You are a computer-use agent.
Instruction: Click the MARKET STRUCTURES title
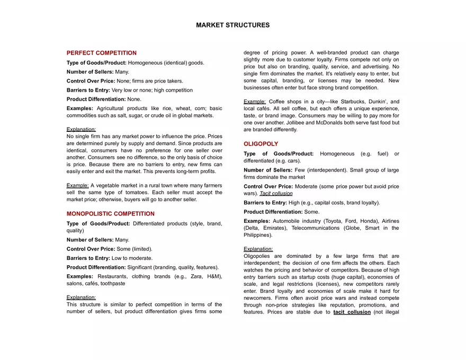click(232, 25)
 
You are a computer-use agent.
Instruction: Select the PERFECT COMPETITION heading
click(101, 53)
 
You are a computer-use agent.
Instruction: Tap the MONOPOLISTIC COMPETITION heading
click(110, 214)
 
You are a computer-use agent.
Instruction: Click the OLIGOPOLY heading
click(261, 144)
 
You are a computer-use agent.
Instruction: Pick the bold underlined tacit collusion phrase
click(352, 312)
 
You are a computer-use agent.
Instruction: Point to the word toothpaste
click(113, 283)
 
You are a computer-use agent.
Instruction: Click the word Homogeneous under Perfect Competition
click(145, 62)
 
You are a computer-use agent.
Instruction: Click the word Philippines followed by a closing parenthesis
click(257, 235)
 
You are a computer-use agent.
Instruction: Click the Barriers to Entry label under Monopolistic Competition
click(88, 258)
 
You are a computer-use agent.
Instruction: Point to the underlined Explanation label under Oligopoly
click(258, 249)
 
